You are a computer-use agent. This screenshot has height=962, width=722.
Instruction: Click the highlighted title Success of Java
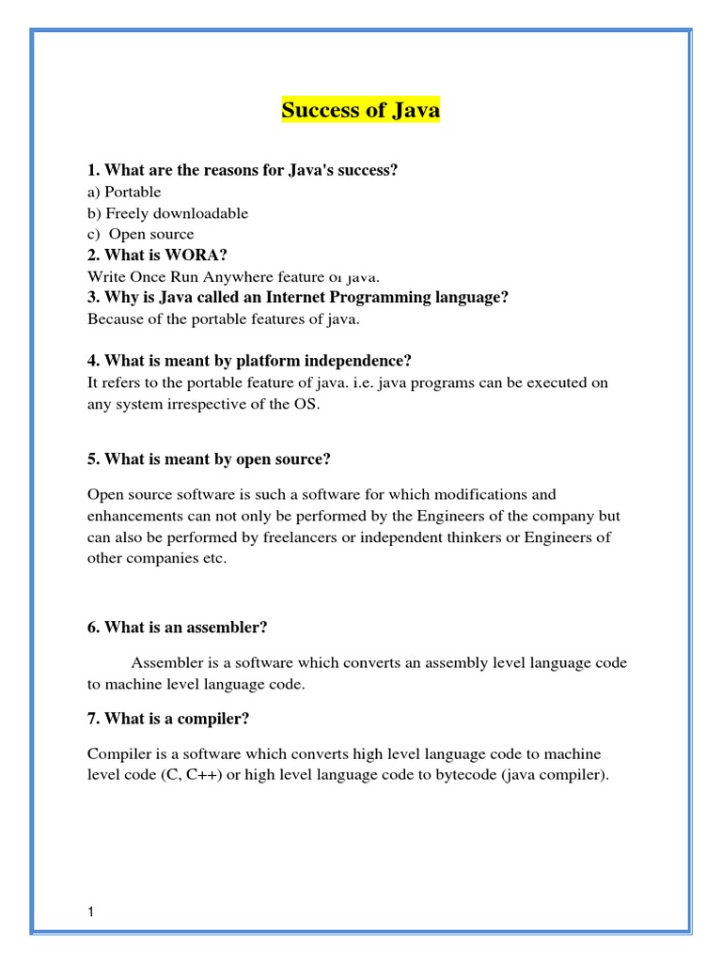click(361, 111)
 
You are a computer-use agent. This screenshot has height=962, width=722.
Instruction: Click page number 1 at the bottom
click(91, 912)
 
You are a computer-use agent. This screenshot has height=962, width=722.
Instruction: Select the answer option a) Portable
click(124, 192)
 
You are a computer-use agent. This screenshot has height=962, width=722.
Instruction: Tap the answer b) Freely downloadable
click(167, 213)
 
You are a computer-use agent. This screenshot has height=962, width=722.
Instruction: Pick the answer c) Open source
click(141, 234)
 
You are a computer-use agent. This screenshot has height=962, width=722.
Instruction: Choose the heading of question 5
click(209, 459)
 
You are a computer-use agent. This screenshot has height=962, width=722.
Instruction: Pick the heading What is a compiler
click(168, 719)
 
